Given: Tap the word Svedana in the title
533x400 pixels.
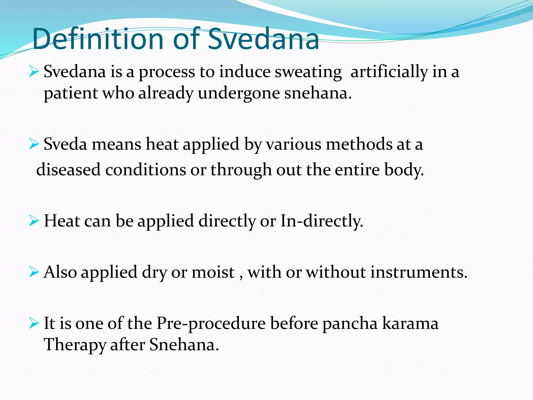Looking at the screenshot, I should pos(263,39).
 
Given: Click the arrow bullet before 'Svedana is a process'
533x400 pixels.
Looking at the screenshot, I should pos(34,71).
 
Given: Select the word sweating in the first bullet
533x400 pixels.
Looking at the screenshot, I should pos(308,72).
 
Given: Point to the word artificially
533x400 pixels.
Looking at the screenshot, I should pos(389,72).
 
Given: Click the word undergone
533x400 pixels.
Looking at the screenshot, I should pos(239,93).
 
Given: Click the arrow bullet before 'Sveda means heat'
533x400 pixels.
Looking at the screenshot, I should pos(34,144).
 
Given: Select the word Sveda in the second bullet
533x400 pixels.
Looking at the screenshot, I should pos(65,144).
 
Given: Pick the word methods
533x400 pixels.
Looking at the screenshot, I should pos(359,144).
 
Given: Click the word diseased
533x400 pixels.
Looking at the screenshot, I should pos(68,170).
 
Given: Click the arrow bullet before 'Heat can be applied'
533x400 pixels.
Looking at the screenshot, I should pos(34,221).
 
